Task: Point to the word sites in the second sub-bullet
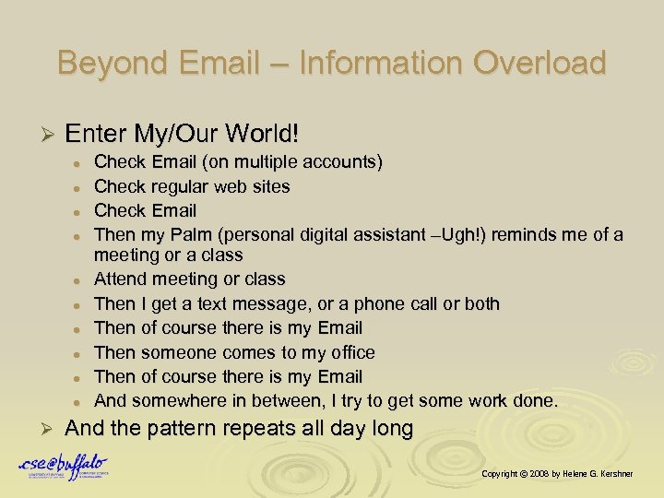[272, 186]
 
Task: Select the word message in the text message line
[277, 303]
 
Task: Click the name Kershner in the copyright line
[629, 473]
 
